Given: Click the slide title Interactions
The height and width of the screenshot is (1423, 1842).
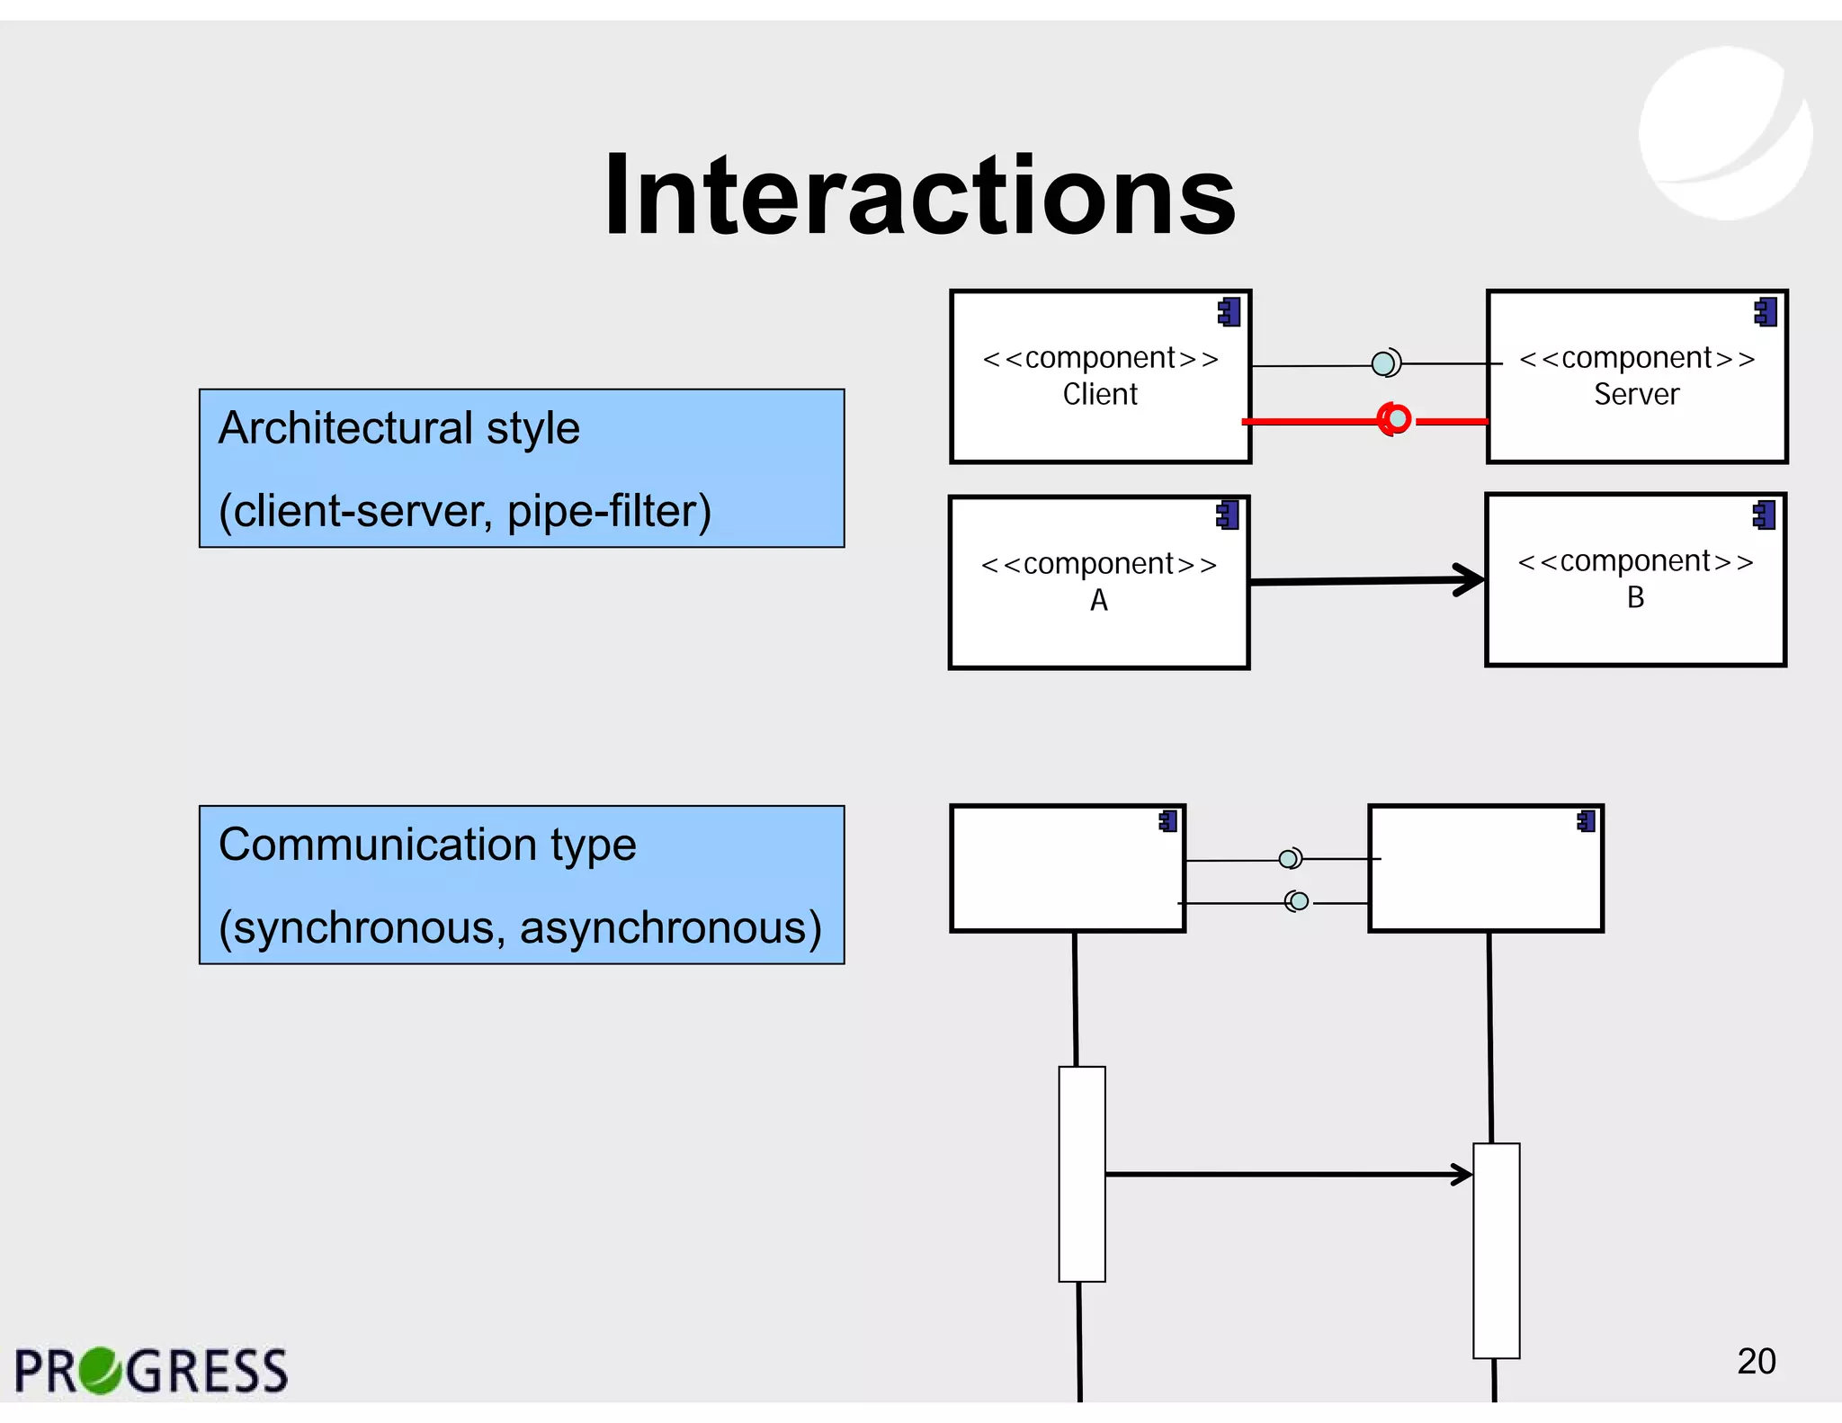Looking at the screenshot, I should coord(919,195).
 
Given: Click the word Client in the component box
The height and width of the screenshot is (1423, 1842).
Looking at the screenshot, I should coord(1099,394).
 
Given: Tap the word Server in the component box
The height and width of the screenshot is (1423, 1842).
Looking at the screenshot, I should coord(1636,394).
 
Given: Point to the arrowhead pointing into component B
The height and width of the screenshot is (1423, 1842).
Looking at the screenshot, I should coord(1471,579).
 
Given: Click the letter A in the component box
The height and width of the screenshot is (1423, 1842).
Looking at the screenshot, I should coord(1098,600).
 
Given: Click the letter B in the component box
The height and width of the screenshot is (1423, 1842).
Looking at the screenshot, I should coord(1635,597).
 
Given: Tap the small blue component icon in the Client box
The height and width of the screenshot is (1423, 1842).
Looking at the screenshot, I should coord(1229,312).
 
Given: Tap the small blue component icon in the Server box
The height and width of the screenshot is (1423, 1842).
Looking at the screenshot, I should coord(1766,312).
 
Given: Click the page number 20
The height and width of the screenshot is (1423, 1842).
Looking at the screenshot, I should coord(1756,1361).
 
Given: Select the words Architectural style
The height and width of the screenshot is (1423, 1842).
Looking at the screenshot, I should coord(398,428).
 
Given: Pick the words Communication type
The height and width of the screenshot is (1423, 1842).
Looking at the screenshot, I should coord(427,845).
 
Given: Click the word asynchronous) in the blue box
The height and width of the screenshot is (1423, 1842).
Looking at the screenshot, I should coord(670,927).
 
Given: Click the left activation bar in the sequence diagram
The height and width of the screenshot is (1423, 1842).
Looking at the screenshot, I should coord(1081,1173).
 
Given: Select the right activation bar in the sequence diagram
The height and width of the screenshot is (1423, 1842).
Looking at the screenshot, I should coord(1496,1250).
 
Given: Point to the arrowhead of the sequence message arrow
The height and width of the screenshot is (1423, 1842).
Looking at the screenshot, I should coord(1462,1174).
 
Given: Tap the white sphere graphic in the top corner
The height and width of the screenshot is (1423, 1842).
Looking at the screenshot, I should coord(1724,133).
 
